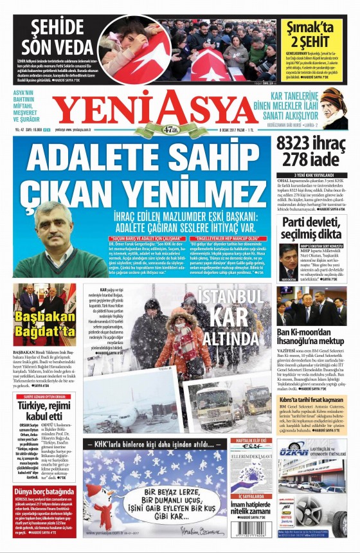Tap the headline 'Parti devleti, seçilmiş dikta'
pos(311,228)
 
